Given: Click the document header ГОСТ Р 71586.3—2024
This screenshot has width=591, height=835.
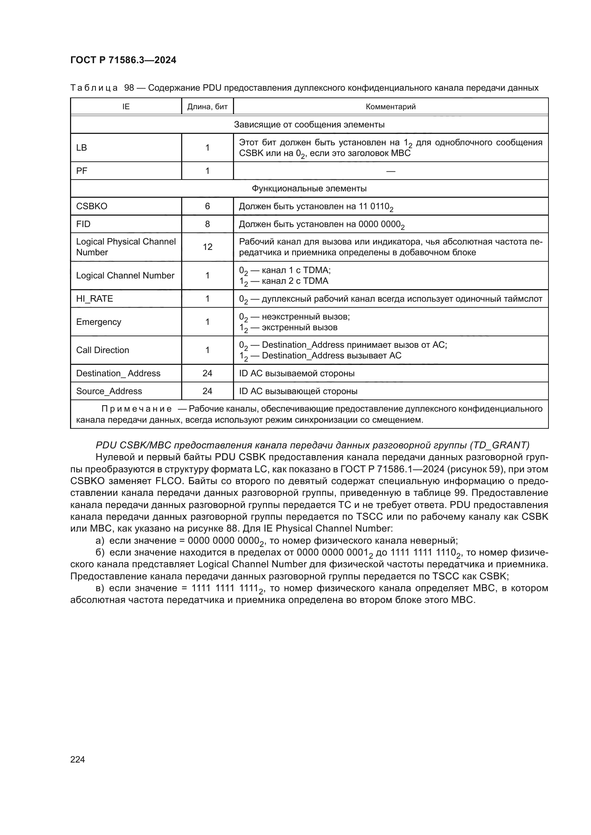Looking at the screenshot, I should tap(123, 60).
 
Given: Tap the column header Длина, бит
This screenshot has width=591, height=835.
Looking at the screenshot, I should tap(207, 106).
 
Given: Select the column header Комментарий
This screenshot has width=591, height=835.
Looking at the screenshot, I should tap(391, 106).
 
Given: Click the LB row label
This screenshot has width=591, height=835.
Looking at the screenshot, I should tap(81, 148).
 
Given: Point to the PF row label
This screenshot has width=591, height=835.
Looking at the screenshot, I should tap(81, 171).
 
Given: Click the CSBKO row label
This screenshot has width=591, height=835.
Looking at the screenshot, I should tap(92, 206).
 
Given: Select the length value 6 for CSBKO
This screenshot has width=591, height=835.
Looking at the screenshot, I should tap(207, 206).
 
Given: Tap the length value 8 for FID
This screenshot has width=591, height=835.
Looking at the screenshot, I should tap(207, 224).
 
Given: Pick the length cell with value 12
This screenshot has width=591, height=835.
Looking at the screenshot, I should tap(207, 247).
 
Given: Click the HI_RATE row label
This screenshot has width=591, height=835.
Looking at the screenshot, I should tap(95, 298).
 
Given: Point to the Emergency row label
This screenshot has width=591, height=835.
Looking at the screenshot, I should tap(99, 322).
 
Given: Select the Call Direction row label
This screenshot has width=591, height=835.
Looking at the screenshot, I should tap(103, 350).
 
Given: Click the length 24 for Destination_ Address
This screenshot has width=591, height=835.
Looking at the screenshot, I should tap(207, 373).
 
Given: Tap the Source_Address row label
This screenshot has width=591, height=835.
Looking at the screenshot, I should tap(109, 391).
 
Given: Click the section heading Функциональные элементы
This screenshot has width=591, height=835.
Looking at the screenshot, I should tap(309, 188).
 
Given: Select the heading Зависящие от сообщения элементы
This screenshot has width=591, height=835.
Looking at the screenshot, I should tap(309, 124).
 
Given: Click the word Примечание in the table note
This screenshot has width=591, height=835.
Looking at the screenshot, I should tap(136, 409).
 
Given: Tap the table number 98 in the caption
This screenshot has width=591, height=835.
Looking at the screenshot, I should tap(129, 88).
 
